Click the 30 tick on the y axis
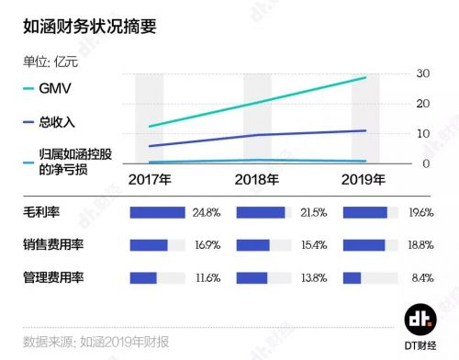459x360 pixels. point(423,73)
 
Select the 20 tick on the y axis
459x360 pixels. point(423,104)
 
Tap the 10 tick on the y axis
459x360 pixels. point(423,134)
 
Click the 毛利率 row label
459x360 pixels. point(41,213)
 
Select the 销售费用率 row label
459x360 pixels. point(54,245)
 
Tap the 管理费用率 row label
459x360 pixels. point(54,277)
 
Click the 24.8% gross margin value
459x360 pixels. point(207,213)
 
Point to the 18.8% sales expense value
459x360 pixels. point(419,245)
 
